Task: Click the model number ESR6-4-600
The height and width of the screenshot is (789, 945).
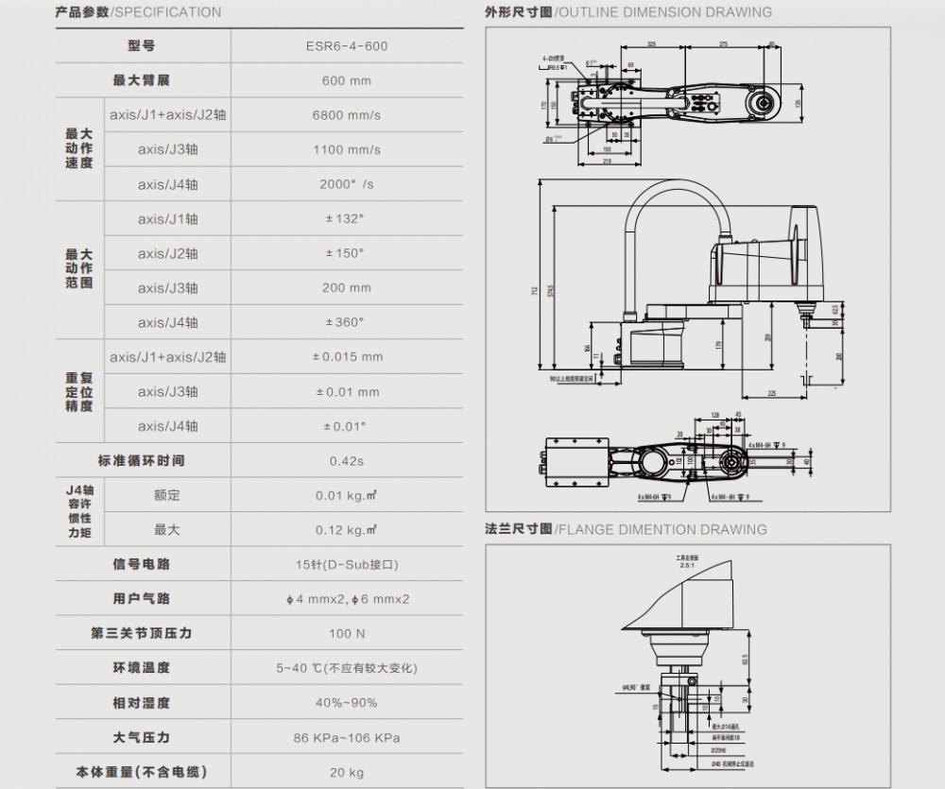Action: [x=347, y=45]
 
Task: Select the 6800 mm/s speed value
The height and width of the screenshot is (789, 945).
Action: [x=347, y=115]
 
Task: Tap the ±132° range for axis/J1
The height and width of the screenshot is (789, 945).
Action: [x=347, y=218]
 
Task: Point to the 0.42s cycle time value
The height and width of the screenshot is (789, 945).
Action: [x=347, y=460]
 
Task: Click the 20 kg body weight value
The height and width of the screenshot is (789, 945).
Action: [x=347, y=772]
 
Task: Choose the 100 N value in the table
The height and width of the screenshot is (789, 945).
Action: [x=347, y=633]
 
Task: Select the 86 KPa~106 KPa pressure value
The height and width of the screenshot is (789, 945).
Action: [x=347, y=737]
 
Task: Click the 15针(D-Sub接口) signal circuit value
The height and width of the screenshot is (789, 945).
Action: [x=347, y=564]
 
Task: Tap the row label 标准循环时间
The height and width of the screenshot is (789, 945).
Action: [x=142, y=460]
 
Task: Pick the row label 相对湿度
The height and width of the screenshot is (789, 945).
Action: [x=142, y=703]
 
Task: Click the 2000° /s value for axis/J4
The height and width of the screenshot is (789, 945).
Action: [x=347, y=184]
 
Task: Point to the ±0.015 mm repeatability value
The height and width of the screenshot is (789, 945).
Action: [x=347, y=357]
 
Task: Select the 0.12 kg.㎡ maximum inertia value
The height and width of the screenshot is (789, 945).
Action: [x=347, y=530]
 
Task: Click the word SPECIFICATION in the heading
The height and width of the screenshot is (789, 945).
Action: [x=168, y=12]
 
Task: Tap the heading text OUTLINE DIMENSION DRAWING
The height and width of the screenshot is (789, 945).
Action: [x=665, y=12]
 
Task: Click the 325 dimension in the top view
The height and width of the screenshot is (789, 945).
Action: [x=652, y=43]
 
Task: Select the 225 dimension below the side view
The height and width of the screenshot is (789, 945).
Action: [x=771, y=391]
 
